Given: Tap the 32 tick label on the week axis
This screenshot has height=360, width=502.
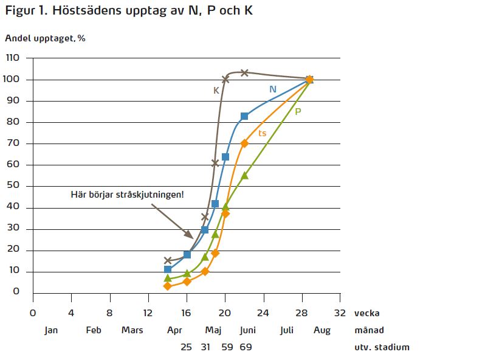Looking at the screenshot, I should [x=340, y=313].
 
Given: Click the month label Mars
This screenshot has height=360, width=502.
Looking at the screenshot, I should [x=132, y=330].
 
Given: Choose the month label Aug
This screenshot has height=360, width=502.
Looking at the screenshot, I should [x=323, y=330].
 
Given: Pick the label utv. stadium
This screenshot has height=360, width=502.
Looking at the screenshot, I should [x=382, y=347].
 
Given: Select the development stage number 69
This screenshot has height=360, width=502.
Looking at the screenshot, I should [x=246, y=347].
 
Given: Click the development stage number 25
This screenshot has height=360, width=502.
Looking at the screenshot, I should [x=187, y=347].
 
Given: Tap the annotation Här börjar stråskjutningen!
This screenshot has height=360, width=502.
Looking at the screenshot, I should [x=127, y=195].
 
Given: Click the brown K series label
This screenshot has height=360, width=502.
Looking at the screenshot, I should [x=216, y=91].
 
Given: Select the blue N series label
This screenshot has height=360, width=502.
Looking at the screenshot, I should [x=273, y=89].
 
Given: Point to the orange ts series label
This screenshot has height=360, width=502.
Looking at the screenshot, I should [x=262, y=133].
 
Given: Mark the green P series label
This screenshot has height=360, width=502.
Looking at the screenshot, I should [x=298, y=111].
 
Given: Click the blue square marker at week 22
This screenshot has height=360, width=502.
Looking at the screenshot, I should [x=244, y=116].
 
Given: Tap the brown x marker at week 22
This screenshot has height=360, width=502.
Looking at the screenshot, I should [x=244, y=72].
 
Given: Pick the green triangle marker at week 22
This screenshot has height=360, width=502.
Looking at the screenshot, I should [x=244, y=175].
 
